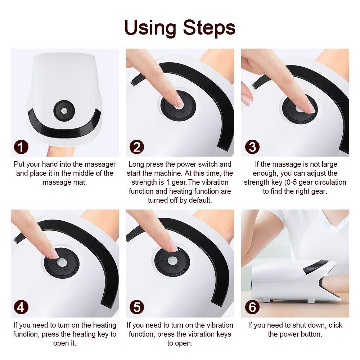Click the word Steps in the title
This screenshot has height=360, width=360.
209,28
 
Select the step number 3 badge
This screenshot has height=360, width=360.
252,147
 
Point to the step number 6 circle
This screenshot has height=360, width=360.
252,308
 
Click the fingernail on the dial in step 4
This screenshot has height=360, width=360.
54,254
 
